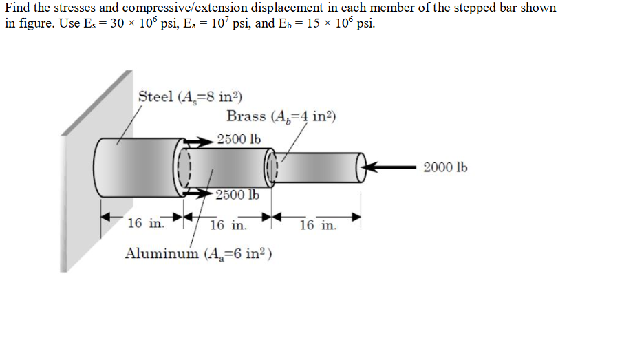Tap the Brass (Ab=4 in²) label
coord(281,116)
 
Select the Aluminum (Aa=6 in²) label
coord(199,253)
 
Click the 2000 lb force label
coord(446,167)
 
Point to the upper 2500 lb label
coord(239,139)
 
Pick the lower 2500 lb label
coord(237,195)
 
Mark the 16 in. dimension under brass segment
coord(319,225)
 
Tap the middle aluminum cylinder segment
coord(227,167)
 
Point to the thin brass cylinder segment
coord(316,168)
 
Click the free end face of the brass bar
coord(362,168)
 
